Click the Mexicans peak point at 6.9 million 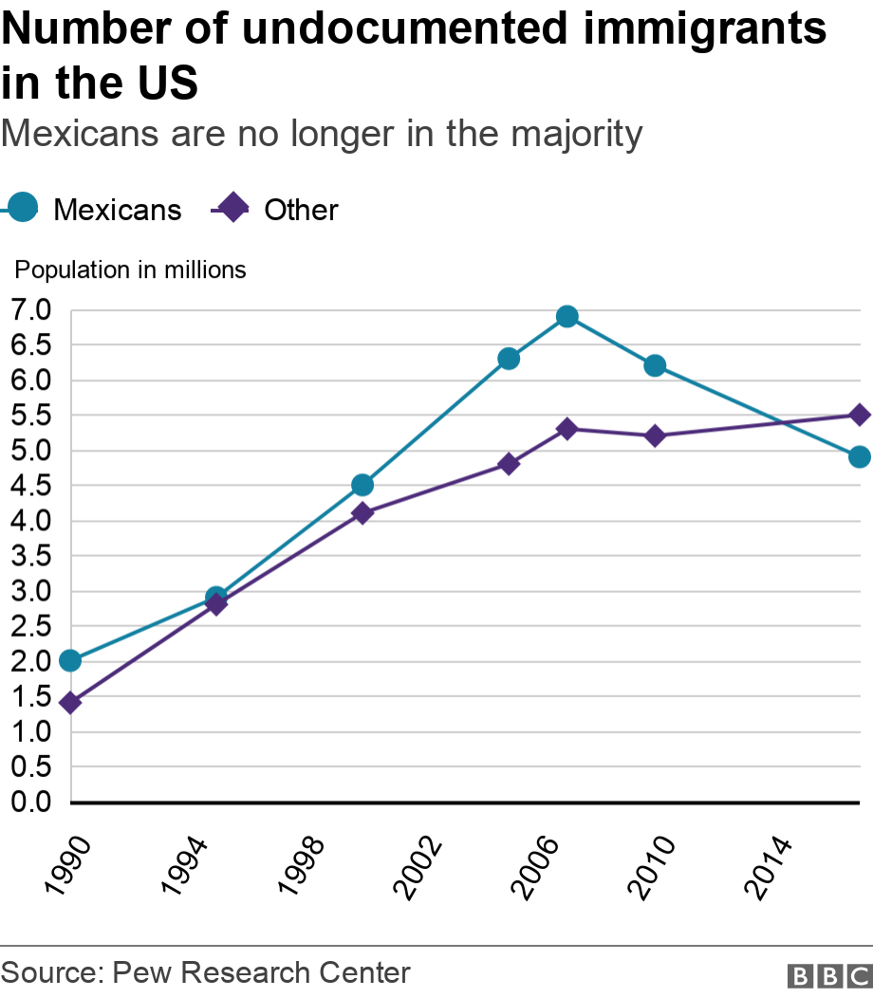coord(567,317)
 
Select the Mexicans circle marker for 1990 coord(70,660)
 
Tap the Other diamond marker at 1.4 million coord(70,703)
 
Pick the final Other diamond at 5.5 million coord(860,415)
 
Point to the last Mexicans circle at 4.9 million coord(860,457)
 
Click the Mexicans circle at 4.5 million coord(362,485)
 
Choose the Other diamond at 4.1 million coord(362,513)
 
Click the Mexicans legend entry coord(95,209)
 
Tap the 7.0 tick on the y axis coord(31,311)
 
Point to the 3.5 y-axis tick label coord(31,556)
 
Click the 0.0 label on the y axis coord(31,803)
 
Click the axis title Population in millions coord(130,270)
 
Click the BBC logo coord(828,975)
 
